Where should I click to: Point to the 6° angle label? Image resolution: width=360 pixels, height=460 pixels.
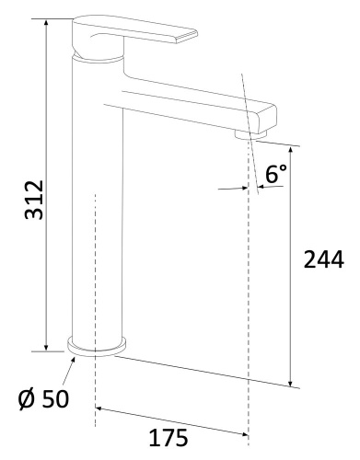[276, 172]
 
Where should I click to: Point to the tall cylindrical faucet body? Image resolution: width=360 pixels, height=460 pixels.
[96, 212]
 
